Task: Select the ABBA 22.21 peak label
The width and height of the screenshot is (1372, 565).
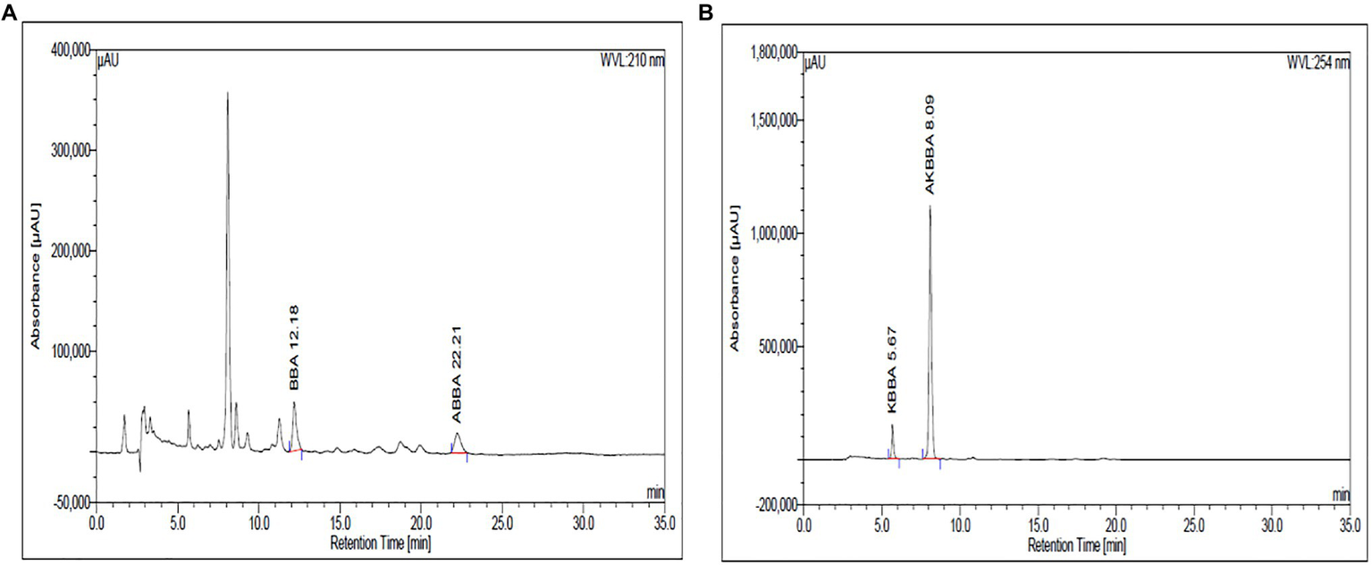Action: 456,400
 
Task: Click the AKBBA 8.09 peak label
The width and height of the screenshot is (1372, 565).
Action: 930,142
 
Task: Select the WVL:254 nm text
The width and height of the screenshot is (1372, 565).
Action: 1317,63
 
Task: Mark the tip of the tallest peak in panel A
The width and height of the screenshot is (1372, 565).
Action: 228,93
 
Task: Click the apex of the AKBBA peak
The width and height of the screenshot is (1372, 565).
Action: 930,207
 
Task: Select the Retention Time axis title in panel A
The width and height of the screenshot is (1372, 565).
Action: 374,541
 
